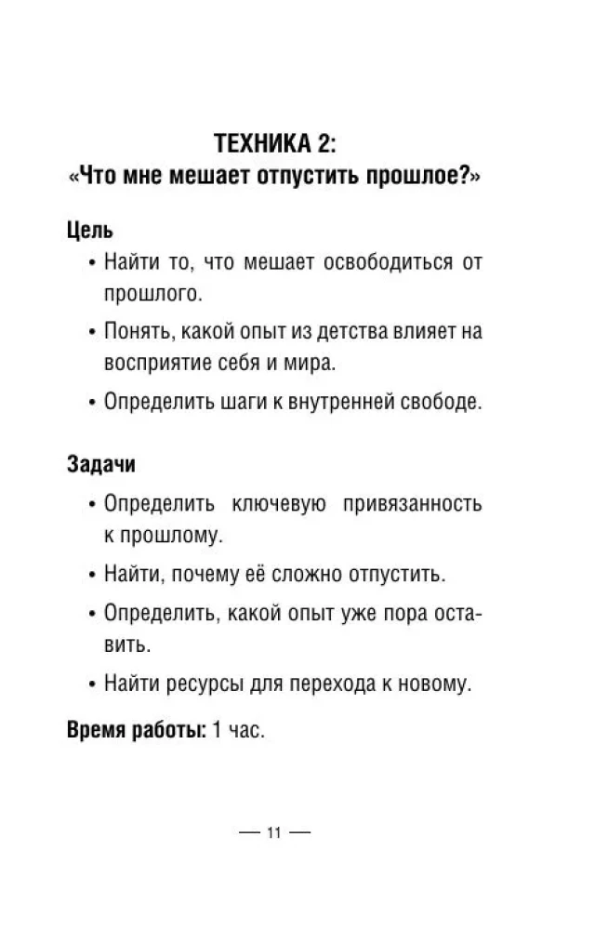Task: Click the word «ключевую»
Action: pos(279,503)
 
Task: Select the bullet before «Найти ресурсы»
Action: pos(92,684)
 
